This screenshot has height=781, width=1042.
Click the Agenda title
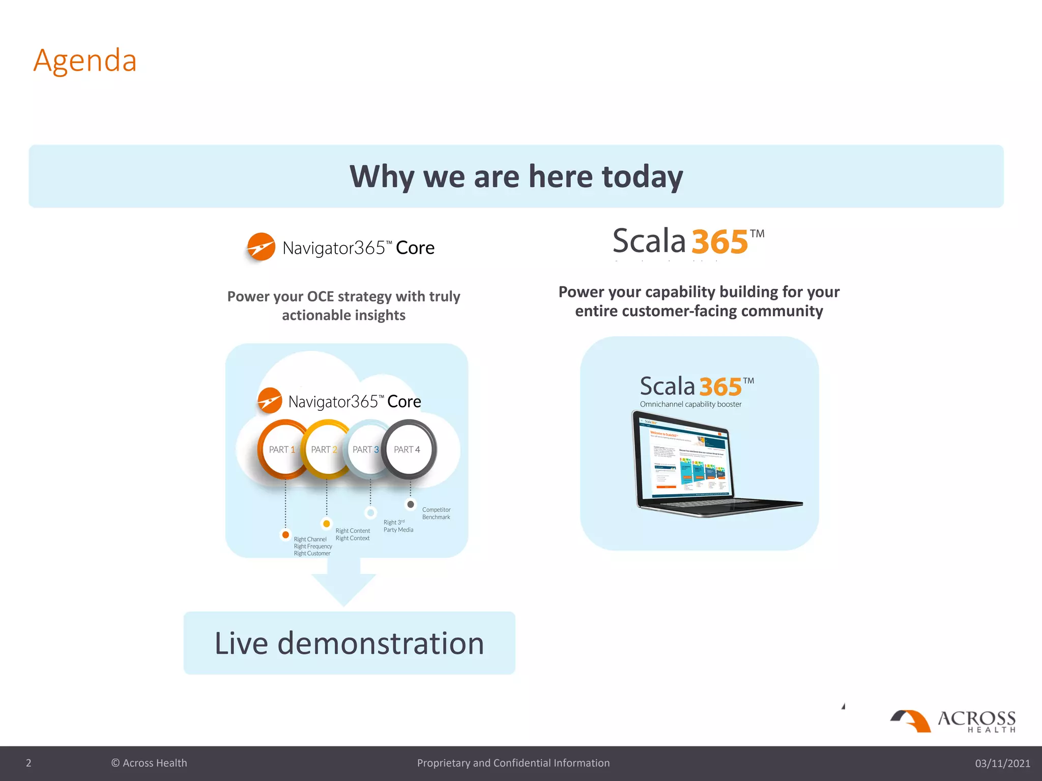tap(85, 61)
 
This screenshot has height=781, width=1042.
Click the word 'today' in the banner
tap(642, 176)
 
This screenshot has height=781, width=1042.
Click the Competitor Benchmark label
tap(436, 514)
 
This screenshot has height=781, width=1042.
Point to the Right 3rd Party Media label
tap(398, 526)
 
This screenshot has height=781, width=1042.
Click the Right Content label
tap(353, 531)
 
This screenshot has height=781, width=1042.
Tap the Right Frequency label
tap(312, 547)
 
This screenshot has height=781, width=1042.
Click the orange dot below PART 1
tap(285, 535)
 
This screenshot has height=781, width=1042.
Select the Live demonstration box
tap(349, 643)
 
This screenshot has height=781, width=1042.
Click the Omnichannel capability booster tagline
tap(690, 405)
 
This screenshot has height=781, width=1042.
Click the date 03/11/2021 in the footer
tap(1002, 763)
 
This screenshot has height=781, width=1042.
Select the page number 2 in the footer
tap(28, 763)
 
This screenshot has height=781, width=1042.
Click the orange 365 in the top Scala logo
tap(719, 242)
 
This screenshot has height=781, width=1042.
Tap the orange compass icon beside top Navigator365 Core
tap(261, 247)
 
